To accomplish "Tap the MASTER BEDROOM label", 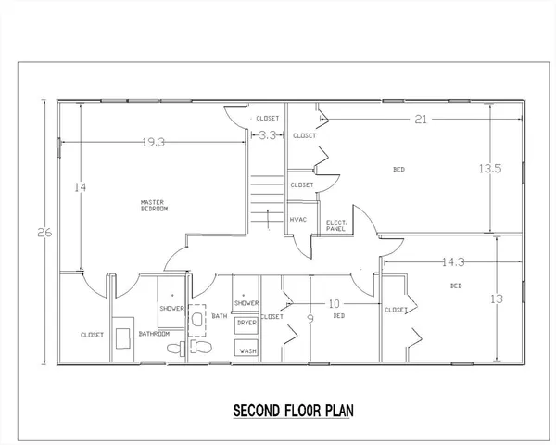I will coord(154,206).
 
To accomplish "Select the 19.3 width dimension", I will coord(154,143).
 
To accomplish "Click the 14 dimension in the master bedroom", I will coord(81,186).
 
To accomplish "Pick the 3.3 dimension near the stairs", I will coord(266,136).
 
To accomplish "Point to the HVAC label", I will coord(298,220).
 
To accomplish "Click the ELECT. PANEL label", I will coord(335,224).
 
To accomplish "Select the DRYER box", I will coord(246,323).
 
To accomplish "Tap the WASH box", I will coord(246,351).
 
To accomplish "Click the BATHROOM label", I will coord(154,333).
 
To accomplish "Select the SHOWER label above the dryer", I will coord(246,303).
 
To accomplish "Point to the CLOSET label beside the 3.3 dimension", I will coord(268,119).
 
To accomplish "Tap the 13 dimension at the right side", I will coord(498,299).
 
